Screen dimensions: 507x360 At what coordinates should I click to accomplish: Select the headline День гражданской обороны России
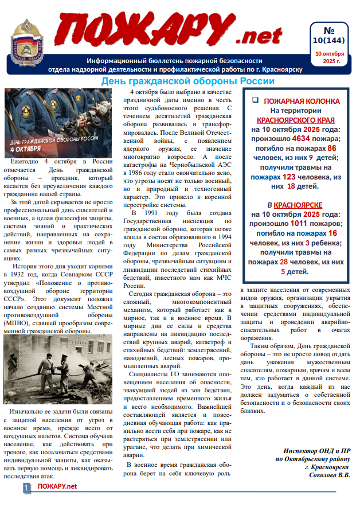click(179, 81)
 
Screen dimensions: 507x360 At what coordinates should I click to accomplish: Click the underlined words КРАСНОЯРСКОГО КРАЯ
click(296, 120)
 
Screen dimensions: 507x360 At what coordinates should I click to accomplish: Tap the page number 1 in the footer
click(26, 487)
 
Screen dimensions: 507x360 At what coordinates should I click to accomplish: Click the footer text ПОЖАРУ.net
click(57, 487)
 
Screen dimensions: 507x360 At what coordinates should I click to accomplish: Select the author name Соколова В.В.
click(330, 475)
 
